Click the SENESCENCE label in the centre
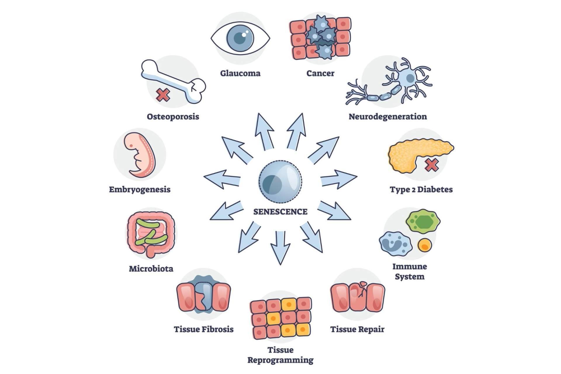(x=280, y=212)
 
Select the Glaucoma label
(x=240, y=73)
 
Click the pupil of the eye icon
(x=240, y=38)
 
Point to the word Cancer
(x=320, y=73)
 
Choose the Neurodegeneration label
(x=388, y=117)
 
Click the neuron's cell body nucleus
(x=410, y=78)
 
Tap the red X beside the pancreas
(x=432, y=165)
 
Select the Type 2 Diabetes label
(x=421, y=189)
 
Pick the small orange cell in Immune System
(x=424, y=245)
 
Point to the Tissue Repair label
(x=357, y=329)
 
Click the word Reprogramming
(x=280, y=360)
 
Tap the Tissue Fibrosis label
(x=204, y=329)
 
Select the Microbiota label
(x=151, y=269)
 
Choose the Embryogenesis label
(x=140, y=189)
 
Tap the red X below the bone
(x=163, y=95)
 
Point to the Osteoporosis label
(x=173, y=117)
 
